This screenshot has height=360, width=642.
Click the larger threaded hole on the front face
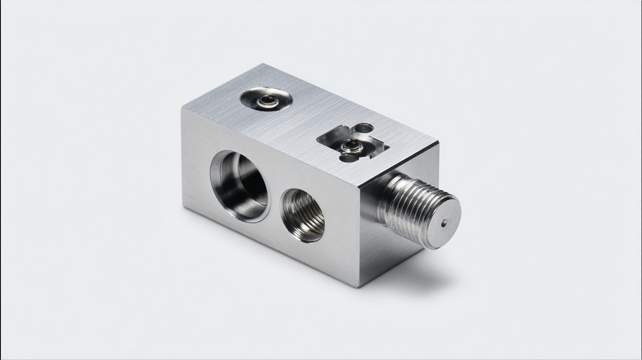(239, 186)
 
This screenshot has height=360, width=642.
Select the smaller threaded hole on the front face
(303, 215)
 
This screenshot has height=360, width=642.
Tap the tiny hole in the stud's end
(444, 223)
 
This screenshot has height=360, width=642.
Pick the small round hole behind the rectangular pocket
(364, 128)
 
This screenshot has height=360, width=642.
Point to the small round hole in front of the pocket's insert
(347, 157)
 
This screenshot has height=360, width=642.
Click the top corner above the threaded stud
(438, 142)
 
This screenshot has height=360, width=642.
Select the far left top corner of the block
(182, 109)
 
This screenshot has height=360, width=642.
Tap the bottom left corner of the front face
(183, 207)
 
